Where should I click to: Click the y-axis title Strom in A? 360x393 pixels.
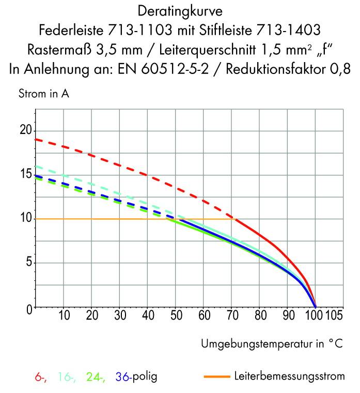[43, 94]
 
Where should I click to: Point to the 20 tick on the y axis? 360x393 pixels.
[25, 130]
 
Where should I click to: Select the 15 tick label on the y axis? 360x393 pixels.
[25, 175]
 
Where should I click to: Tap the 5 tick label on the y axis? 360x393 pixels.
[28, 263]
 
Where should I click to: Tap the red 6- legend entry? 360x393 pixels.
[41, 377]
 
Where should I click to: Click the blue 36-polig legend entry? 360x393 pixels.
[136, 377]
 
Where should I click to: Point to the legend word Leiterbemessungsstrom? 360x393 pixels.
[289, 376]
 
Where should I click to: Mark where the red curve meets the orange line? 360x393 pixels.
[235, 219]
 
